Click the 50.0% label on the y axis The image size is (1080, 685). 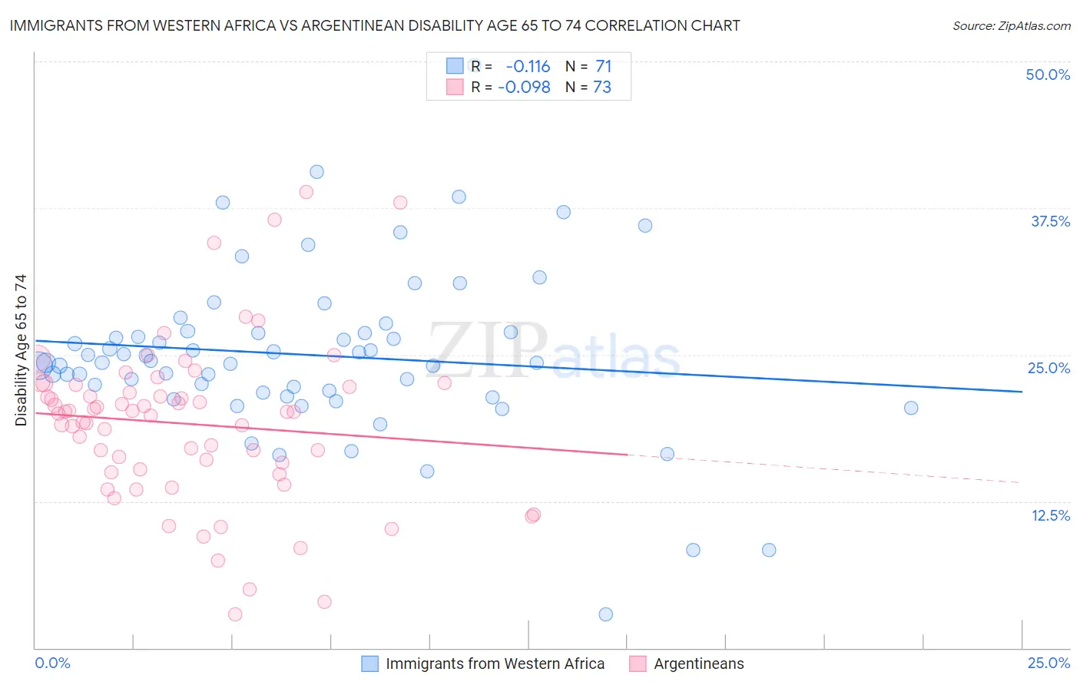(x=1048, y=74)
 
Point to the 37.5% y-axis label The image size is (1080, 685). (x=1050, y=221)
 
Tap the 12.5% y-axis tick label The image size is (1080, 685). (x=1050, y=515)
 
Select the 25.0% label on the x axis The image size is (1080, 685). (x=1049, y=663)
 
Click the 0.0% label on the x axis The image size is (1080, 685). (x=53, y=663)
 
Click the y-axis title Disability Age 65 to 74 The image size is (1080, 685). (x=21, y=350)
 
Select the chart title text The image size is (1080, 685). (x=375, y=25)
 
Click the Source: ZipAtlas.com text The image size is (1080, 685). (x=1011, y=26)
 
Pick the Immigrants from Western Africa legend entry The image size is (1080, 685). (x=495, y=663)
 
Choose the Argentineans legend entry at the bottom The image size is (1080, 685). (x=698, y=663)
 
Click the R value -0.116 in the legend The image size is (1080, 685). (x=528, y=67)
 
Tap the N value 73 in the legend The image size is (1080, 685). (x=602, y=88)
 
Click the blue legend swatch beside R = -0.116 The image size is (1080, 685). (x=455, y=67)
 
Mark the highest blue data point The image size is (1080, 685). (x=316, y=172)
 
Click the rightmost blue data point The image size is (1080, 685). (x=911, y=408)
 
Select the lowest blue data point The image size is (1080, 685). (x=605, y=614)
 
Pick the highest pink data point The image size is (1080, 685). (x=306, y=192)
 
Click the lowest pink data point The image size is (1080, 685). (x=235, y=614)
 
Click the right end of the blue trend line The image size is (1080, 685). (x=1022, y=392)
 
